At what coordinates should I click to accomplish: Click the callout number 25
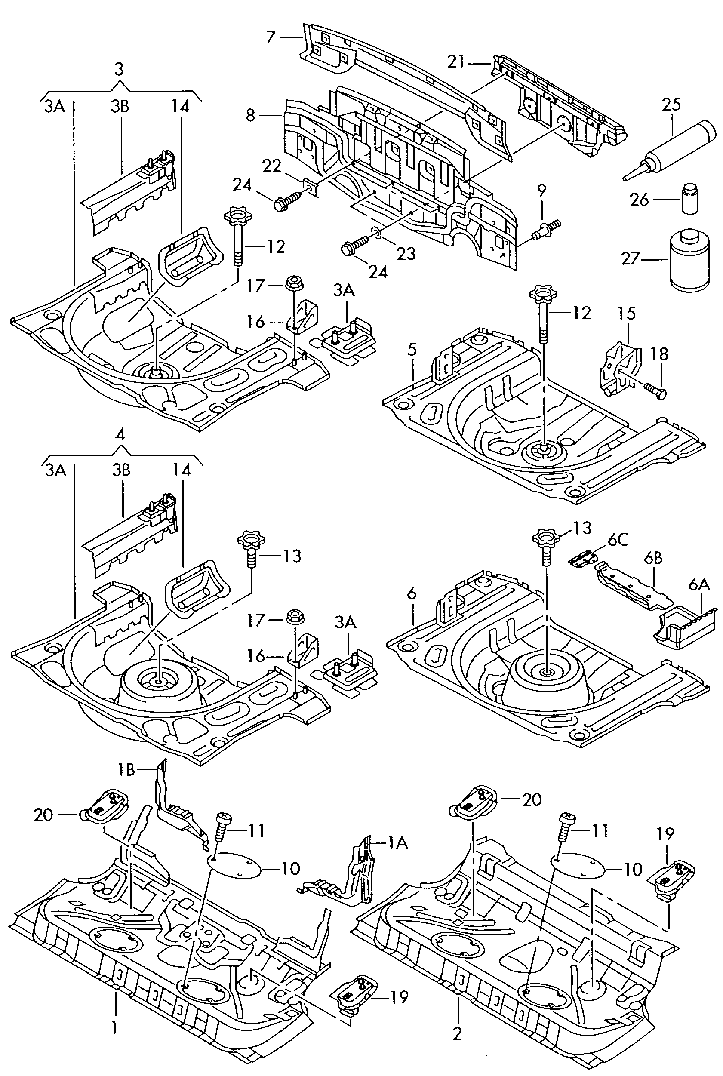[671, 105]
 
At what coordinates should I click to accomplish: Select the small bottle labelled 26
[690, 199]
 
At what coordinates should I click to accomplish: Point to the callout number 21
[455, 61]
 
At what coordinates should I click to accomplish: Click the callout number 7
[271, 37]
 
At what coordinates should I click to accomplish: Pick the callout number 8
[250, 115]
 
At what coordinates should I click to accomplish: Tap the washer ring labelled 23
[376, 237]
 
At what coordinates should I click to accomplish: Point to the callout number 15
[627, 314]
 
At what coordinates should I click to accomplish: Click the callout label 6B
[653, 558]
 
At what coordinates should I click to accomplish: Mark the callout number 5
[412, 350]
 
